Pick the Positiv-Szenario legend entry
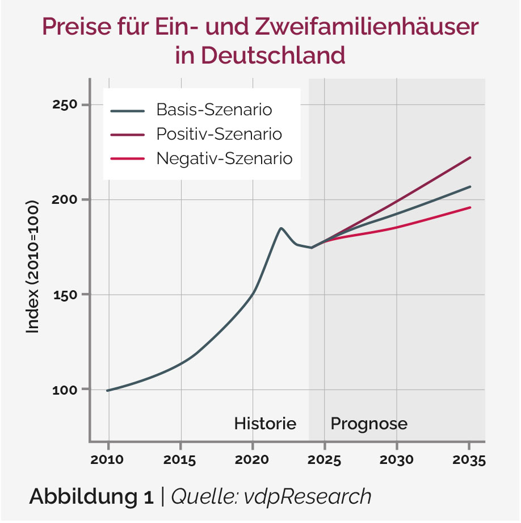tap(219, 134)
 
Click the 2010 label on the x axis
tap(107, 460)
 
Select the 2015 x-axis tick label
tap(180, 460)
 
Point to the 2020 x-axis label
tap(253, 460)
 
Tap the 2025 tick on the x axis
tap(325, 460)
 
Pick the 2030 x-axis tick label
tap(397, 460)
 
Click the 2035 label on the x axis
tap(469, 460)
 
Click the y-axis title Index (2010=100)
tap(32, 266)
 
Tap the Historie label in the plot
tap(265, 424)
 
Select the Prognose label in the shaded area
tap(369, 424)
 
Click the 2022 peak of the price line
tap(281, 228)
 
